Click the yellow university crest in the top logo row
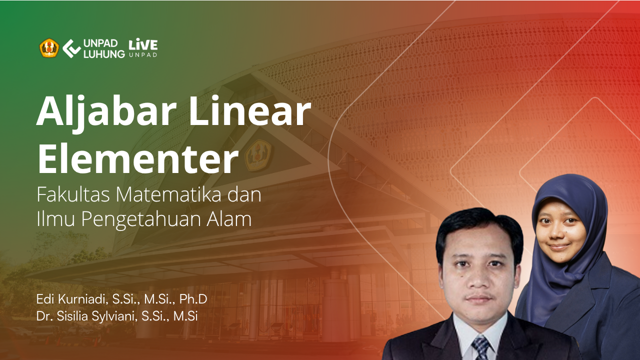point(49,48)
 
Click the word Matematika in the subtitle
point(168,194)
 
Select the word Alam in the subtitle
point(229,219)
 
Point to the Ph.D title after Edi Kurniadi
point(193,299)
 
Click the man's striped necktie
point(482,348)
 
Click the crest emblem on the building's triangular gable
point(258,155)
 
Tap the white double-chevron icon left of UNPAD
point(71,48)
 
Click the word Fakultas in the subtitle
point(73,194)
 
